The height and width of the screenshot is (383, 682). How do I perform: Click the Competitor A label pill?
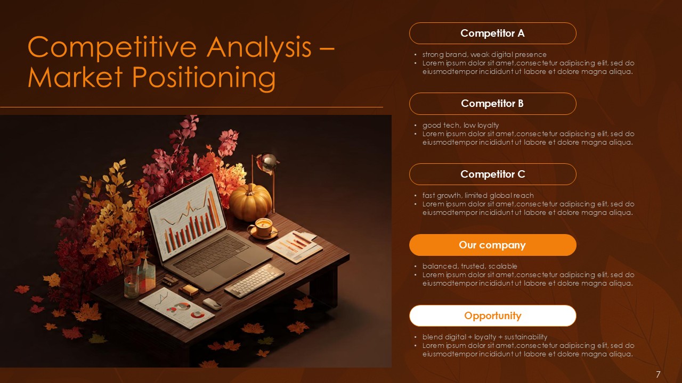click(x=492, y=33)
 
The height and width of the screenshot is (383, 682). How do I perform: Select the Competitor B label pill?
click(x=492, y=104)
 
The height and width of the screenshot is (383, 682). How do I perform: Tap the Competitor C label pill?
click(x=492, y=174)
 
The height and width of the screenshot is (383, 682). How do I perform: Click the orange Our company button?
click(x=492, y=245)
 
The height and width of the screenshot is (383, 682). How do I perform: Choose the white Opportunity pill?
click(x=492, y=315)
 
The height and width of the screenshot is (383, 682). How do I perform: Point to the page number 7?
click(x=658, y=374)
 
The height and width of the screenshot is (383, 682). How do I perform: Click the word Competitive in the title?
click(x=112, y=47)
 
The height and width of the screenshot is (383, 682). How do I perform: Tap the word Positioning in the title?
click(x=205, y=78)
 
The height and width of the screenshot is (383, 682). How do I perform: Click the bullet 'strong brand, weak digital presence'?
click(x=484, y=54)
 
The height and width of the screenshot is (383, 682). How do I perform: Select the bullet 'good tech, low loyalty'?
click(x=460, y=125)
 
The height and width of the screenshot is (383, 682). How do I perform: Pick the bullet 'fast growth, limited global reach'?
click(x=478, y=195)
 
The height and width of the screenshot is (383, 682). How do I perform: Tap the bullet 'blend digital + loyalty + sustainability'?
click(x=484, y=337)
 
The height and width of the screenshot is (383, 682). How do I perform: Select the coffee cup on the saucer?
click(x=262, y=227)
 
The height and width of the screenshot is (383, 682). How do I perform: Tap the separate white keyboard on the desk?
click(x=255, y=280)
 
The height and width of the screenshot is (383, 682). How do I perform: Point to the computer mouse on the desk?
click(x=212, y=304)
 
